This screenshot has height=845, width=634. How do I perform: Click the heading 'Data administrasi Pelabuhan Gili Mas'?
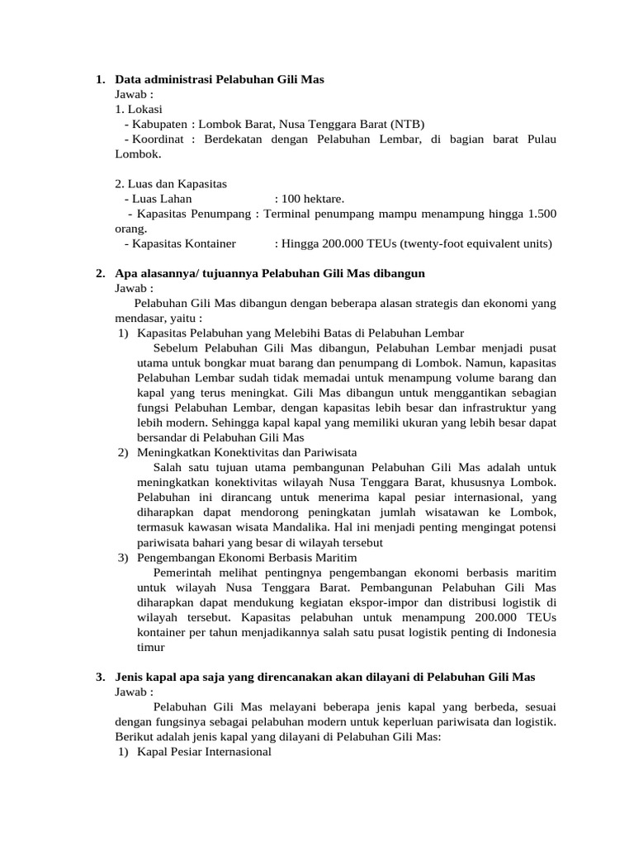[x=220, y=79]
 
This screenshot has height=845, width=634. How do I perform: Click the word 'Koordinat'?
[x=159, y=139]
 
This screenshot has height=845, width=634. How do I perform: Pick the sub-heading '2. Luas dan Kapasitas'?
[x=171, y=183]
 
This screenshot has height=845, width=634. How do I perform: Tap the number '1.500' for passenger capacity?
[x=541, y=214]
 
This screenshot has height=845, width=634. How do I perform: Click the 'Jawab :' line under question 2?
[x=135, y=288]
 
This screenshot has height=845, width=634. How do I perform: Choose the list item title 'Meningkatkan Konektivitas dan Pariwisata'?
[x=247, y=452]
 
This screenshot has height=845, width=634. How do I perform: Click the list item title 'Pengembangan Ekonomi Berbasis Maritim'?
[x=242, y=558]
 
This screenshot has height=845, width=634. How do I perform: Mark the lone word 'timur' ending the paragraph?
[x=151, y=648]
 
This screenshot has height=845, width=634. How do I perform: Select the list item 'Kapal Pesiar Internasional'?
[x=204, y=753]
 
